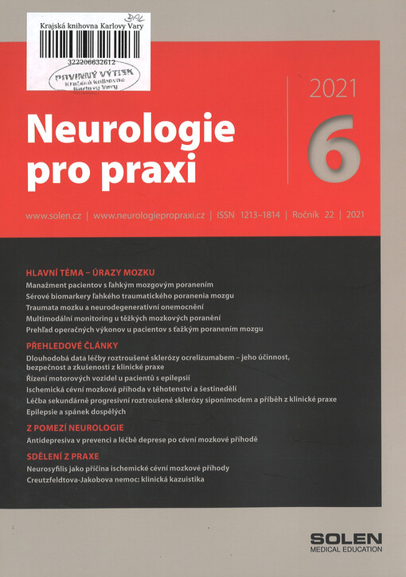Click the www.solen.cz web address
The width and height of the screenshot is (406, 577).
56,216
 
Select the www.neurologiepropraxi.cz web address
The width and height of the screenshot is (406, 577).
149,216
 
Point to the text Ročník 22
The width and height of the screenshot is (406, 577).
314,216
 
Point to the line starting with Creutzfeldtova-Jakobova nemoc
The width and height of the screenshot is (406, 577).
115,481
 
